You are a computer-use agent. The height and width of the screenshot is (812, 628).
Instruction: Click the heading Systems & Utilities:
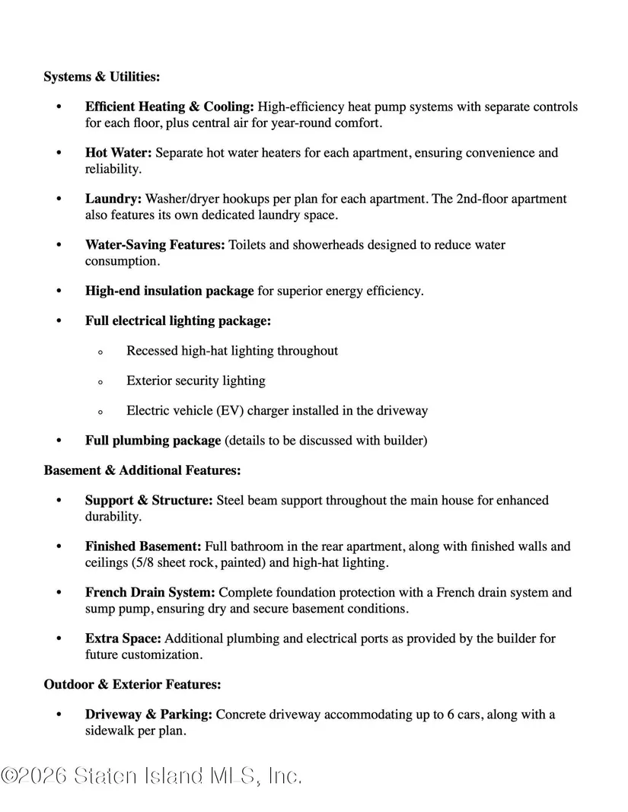(101, 77)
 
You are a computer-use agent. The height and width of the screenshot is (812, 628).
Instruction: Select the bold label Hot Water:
(118, 153)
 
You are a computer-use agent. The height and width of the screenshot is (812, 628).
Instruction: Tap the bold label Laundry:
(113, 199)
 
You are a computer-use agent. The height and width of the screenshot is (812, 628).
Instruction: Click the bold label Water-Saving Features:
(155, 245)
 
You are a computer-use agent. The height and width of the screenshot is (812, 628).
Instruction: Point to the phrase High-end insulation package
(169, 291)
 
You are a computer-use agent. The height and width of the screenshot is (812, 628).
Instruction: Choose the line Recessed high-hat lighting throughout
(232, 351)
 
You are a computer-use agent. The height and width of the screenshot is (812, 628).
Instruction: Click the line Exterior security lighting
(196, 381)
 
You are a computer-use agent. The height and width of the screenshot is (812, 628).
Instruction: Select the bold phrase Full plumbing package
(153, 441)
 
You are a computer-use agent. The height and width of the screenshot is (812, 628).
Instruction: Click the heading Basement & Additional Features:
(142, 470)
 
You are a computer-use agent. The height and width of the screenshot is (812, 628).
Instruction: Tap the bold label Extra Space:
(123, 638)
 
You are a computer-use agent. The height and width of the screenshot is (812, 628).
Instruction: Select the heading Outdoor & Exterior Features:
(132, 684)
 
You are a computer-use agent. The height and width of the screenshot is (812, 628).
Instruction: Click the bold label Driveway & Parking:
(149, 715)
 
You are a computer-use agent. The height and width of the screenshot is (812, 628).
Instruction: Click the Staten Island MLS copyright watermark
(151, 775)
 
